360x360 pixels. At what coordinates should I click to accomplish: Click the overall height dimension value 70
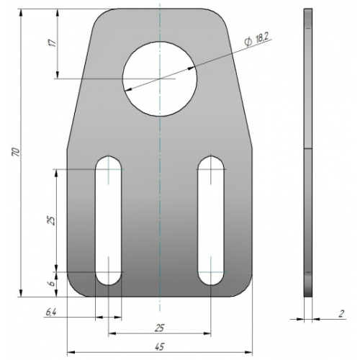(x=16, y=153)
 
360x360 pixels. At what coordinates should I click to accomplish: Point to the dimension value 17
(x=53, y=42)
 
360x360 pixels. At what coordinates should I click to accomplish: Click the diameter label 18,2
(x=261, y=38)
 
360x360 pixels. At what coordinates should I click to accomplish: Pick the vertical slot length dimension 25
(x=51, y=220)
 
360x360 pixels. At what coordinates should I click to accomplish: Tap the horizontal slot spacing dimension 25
(x=159, y=328)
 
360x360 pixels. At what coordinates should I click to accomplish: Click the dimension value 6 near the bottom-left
(x=51, y=284)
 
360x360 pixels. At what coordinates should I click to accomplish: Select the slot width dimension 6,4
(x=50, y=312)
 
